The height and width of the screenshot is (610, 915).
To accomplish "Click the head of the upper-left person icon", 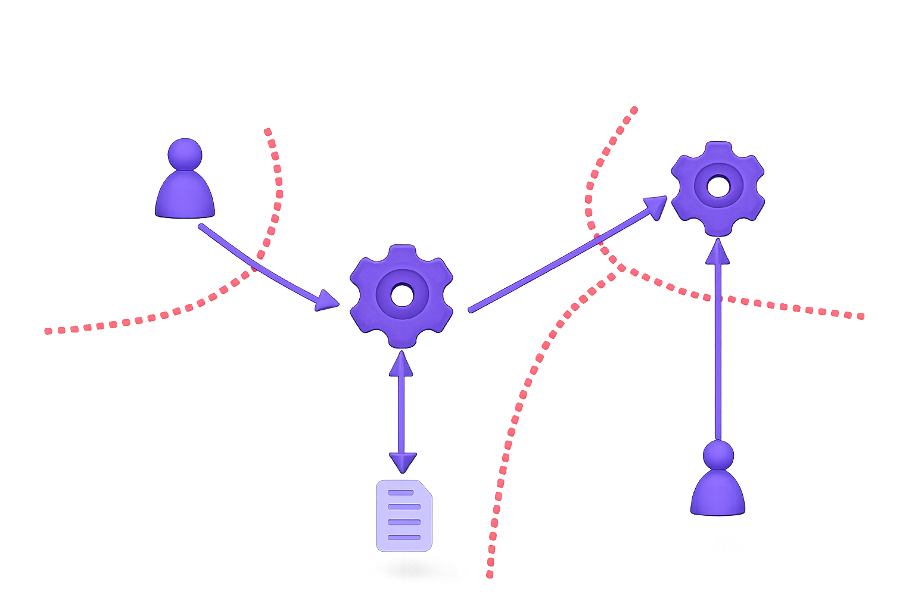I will coord(185,155).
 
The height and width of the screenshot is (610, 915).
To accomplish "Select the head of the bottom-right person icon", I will coord(718,456).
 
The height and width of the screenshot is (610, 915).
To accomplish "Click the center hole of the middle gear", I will coord(402,295).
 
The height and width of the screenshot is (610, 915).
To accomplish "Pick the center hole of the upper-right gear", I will coord(717,186).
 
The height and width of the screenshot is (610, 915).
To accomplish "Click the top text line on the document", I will coord(400,493).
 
